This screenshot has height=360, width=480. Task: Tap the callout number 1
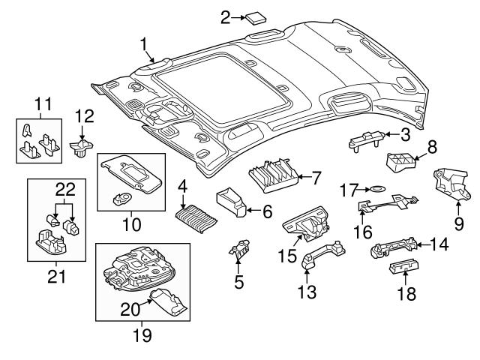(x=143, y=45)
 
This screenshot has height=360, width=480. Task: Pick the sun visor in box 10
(x=133, y=175)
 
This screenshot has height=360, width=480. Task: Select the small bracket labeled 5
(x=241, y=252)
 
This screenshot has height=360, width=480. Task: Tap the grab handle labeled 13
(x=323, y=257)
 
